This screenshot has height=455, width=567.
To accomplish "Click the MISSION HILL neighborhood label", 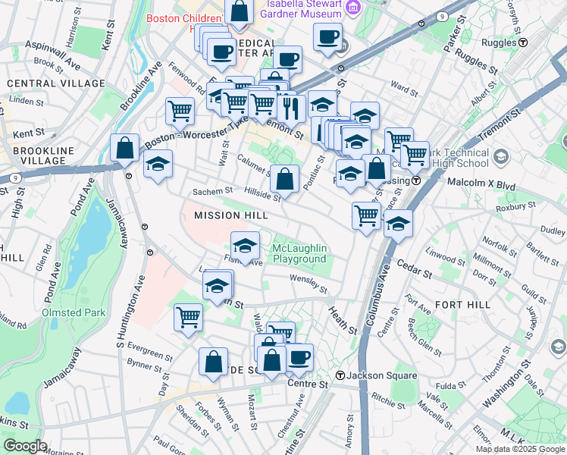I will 230,216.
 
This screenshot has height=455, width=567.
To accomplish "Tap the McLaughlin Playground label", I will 299,254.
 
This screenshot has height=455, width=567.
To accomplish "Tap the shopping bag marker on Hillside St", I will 284,180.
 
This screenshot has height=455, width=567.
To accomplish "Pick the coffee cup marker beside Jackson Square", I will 299,357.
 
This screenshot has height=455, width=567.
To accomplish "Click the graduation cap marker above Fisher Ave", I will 245,246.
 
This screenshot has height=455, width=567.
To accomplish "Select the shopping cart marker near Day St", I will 188,318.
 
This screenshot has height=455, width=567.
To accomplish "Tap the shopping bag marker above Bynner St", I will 213,362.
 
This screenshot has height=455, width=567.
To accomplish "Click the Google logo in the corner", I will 25,446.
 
